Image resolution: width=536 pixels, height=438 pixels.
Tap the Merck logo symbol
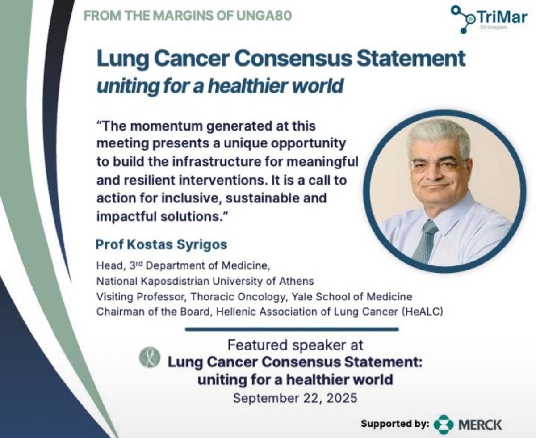[444, 424]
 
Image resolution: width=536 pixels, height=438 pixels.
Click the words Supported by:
[395, 424]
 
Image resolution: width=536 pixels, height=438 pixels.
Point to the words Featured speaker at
[295, 345]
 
